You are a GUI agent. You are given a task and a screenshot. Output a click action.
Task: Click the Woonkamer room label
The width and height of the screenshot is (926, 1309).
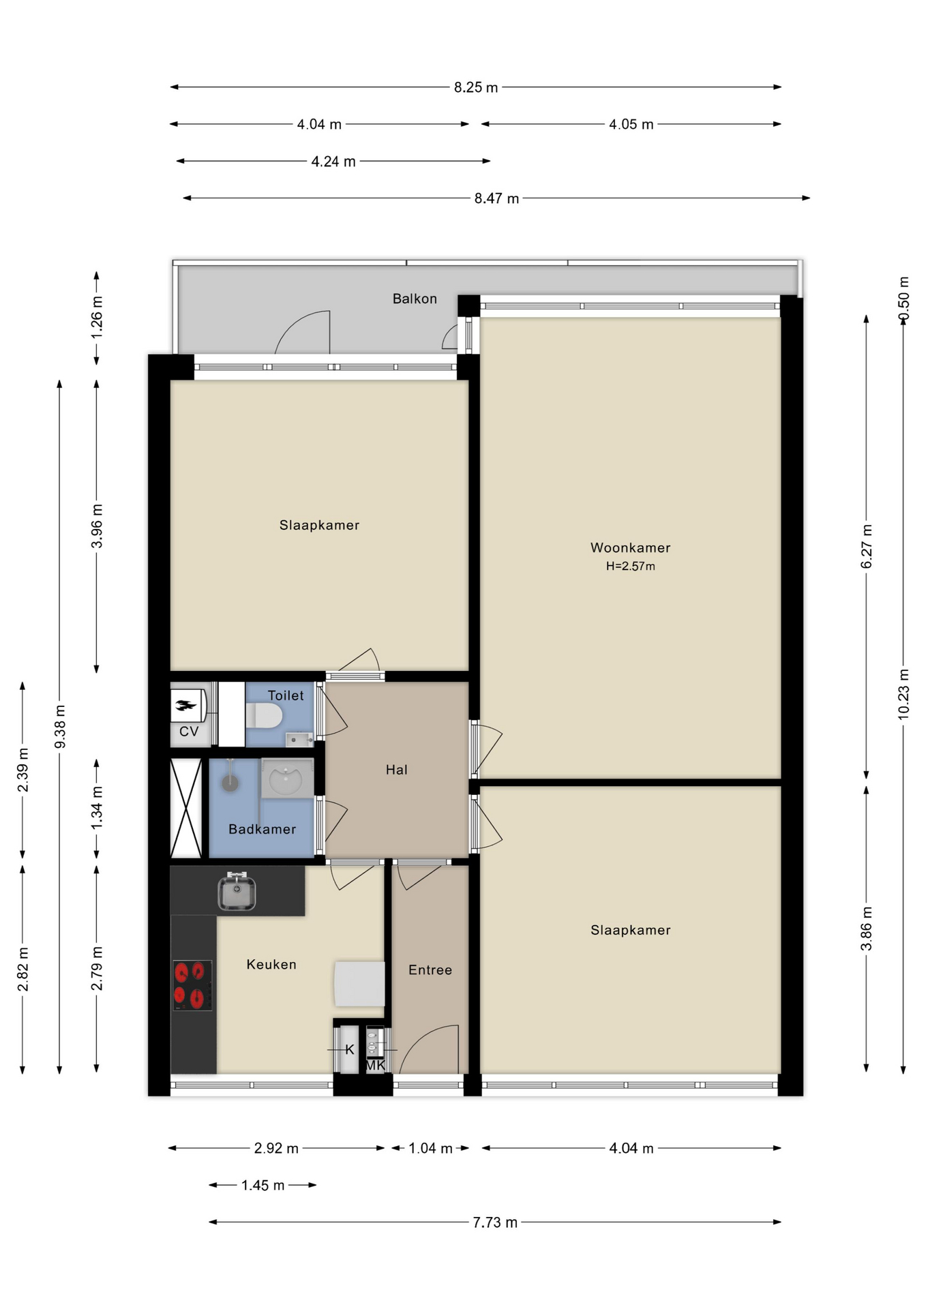click(x=630, y=547)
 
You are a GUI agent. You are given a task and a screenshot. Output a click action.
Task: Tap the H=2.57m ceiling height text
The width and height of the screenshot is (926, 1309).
click(x=630, y=566)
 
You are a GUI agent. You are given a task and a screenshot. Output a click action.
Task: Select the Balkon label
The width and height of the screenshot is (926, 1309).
click(x=415, y=299)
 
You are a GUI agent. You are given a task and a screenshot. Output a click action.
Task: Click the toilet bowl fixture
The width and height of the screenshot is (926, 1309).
click(x=264, y=716)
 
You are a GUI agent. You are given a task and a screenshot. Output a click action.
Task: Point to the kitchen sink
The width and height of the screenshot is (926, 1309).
click(x=237, y=892)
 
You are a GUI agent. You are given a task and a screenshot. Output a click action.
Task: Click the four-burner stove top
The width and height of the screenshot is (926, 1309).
click(x=192, y=985)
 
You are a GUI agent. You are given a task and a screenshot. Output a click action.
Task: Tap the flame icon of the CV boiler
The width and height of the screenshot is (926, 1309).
click(x=184, y=705)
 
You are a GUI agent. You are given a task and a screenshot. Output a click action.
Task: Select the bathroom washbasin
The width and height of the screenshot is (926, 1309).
click(x=287, y=779)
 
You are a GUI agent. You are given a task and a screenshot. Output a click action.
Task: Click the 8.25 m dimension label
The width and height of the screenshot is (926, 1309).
click(x=476, y=87)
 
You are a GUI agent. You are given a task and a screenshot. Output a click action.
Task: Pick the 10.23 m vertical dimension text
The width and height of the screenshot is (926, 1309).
click(x=903, y=694)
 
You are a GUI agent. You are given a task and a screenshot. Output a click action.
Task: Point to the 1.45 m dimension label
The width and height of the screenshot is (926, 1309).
click(x=263, y=1185)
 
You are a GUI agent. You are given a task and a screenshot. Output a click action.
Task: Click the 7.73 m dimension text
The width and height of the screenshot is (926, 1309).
click(x=495, y=1222)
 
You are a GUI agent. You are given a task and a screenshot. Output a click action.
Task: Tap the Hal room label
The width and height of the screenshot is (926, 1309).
click(x=396, y=770)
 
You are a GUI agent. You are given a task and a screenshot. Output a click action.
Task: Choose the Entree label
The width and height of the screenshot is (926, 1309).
click(x=430, y=969)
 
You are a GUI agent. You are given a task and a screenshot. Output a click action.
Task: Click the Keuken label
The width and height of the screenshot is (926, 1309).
click(x=271, y=964)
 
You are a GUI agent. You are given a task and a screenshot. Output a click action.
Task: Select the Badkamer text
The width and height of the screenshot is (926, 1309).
click(x=263, y=829)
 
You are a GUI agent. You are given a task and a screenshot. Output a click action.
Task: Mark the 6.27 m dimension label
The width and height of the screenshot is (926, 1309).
click(x=866, y=546)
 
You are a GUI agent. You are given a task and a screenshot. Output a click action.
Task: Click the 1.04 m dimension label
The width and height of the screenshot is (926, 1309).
click(x=430, y=1148)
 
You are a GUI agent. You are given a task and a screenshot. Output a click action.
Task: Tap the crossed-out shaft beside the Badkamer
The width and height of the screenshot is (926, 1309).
click(x=186, y=808)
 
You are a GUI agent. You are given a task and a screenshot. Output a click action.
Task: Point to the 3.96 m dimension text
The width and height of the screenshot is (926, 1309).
click(x=97, y=526)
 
